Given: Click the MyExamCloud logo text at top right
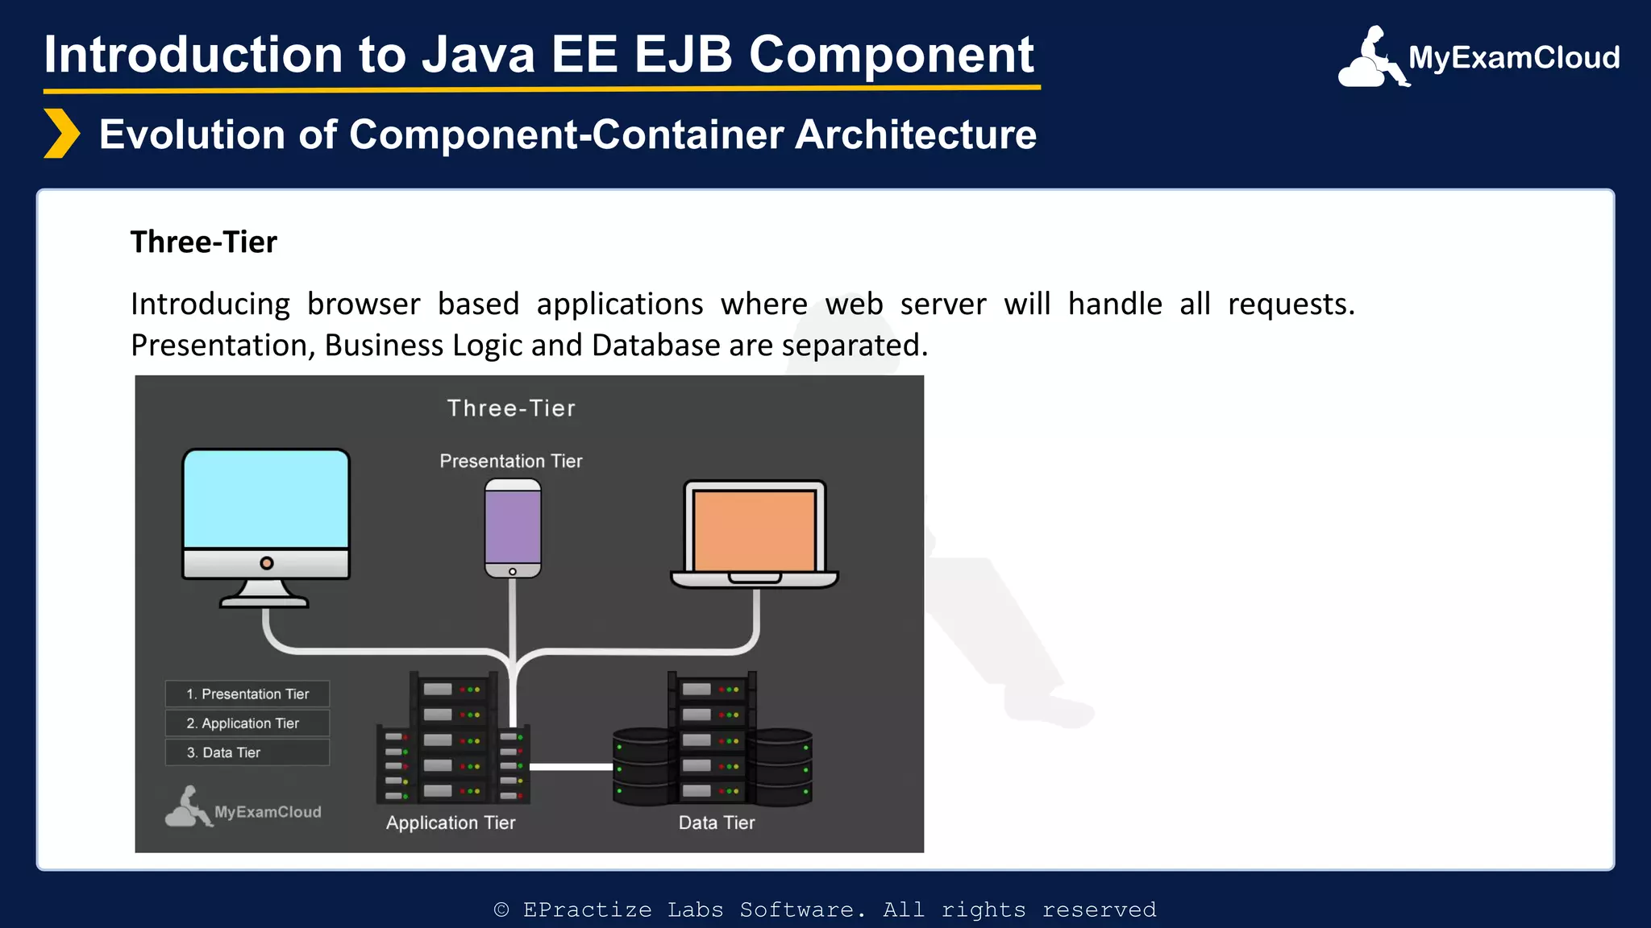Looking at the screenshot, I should click(1513, 58).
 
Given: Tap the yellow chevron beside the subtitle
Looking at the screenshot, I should click(61, 134).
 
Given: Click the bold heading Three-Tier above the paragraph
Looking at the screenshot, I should click(203, 242).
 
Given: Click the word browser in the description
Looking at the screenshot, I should click(364, 304).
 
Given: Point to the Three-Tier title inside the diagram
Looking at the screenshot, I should click(511, 408).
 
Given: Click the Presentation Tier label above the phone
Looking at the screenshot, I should click(510, 461).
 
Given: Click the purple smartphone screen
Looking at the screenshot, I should click(513, 527).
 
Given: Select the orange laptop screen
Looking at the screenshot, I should click(755, 530).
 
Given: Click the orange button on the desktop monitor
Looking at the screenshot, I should click(267, 563).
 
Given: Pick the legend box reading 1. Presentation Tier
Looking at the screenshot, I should click(247, 694).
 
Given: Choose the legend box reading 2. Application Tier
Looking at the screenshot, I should click(247, 723).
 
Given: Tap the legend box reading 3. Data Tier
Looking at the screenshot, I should click(247, 752).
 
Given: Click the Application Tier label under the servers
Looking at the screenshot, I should click(450, 822).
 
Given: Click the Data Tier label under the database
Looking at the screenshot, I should click(716, 822).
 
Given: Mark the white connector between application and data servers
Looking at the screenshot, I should click(571, 766).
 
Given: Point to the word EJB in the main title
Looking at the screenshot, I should click(683, 55).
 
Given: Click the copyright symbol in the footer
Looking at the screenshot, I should click(501, 909).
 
